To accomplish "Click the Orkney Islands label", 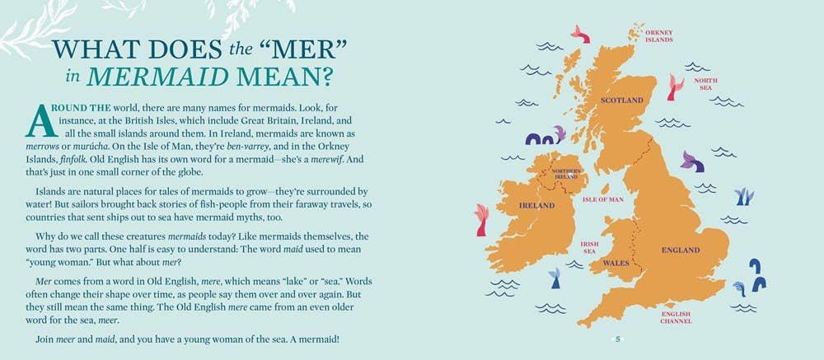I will [659, 35].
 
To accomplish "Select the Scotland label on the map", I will [622, 101].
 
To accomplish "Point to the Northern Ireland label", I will [566, 174].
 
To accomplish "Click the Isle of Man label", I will [603, 199].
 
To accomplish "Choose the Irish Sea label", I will [590, 247].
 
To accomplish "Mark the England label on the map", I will [681, 250].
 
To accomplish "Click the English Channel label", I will [676, 317].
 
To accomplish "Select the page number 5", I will [618, 339].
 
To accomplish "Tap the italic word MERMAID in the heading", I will [157, 77].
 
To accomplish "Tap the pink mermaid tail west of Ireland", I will [481, 220].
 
